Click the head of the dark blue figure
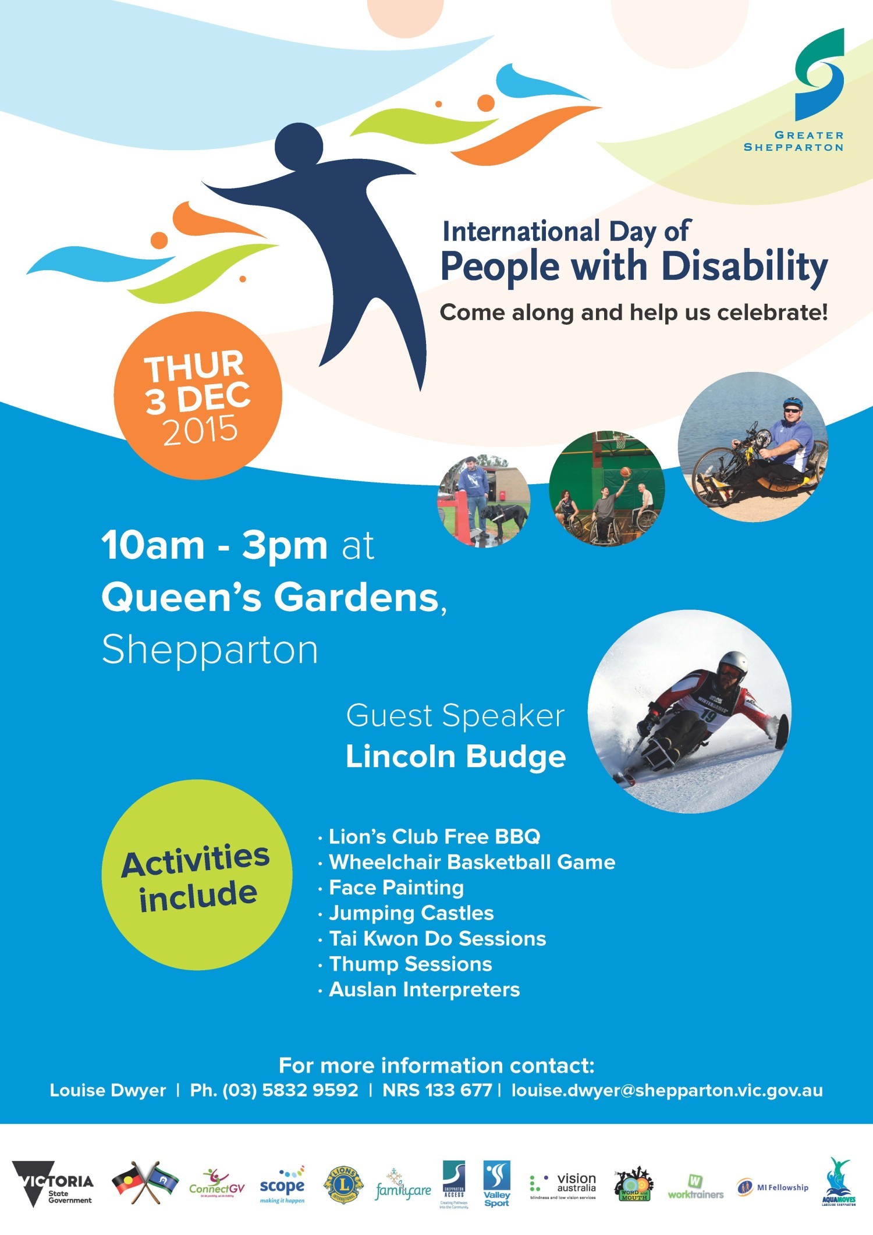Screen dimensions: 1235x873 299,145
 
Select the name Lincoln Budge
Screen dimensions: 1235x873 456,757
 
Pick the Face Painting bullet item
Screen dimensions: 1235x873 396,888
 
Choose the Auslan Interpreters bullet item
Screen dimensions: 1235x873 424,989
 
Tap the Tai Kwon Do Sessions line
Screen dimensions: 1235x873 437,938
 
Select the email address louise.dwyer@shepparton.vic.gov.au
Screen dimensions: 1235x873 667,1090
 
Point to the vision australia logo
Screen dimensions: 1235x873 563,1186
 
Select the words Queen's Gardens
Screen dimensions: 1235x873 271,598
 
